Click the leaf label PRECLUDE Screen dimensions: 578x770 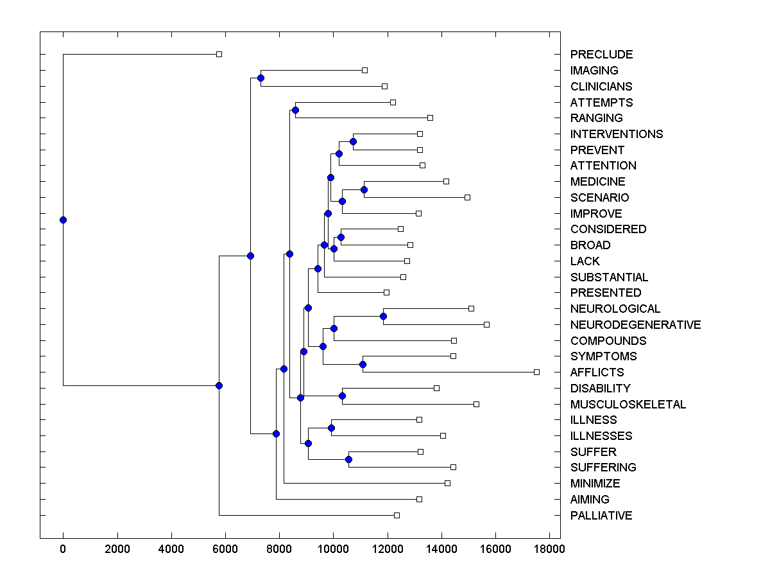click(601, 55)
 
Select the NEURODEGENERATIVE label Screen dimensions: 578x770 click(635, 325)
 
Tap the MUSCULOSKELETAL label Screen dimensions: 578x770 click(628, 405)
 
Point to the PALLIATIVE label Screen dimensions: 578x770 click(601, 516)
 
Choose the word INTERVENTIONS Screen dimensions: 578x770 click(616, 134)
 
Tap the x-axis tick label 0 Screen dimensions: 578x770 click(63, 548)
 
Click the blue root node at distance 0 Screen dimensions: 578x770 click(63, 220)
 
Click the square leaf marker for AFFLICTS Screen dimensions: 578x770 click(536, 372)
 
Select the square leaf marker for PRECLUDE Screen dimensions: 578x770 click(219, 54)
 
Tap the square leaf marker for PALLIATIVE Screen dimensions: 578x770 click(397, 515)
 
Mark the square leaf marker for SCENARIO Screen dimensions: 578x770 click(467, 197)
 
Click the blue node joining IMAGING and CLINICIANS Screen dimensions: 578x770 click(261, 78)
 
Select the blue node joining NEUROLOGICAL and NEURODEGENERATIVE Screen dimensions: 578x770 click(383, 316)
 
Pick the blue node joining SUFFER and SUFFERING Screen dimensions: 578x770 click(348, 459)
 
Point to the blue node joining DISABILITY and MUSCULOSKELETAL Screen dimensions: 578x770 click(342, 396)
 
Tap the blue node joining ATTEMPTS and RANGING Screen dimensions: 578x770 click(295, 110)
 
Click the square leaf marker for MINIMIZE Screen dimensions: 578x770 click(447, 483)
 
